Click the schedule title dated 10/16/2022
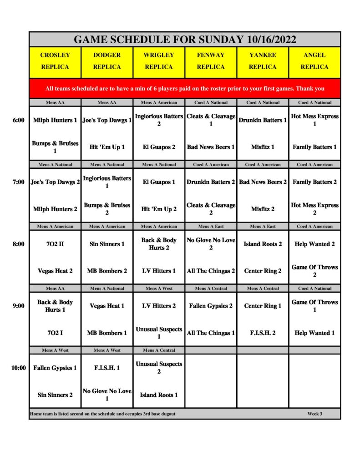[x=185, y=40]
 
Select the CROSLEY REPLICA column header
[x=55, y=61]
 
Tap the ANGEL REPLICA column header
[x=314, y=61]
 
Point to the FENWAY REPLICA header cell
[x=211, y=61]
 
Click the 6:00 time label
[x=19, y=120]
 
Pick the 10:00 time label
[x=19, y=368]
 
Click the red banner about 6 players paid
[x=185, y=89]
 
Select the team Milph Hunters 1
[x=55, y=121]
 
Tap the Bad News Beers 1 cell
[x=211, y=147]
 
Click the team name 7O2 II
[x=55, y=244]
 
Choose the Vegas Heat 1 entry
[x=107, y=306]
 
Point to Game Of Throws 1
[x=314, y=306]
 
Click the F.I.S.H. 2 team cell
[x=263, y=333]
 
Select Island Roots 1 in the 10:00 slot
[x=159, y=395]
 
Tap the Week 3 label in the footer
[x=314, y=414]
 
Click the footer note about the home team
[x=102, y=414]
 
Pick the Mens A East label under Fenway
[x=211, y=226]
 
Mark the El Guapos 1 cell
[x=159, y=182]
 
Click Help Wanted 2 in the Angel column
[x=314, y=244]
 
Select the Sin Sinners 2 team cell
[x=55, y=395]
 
